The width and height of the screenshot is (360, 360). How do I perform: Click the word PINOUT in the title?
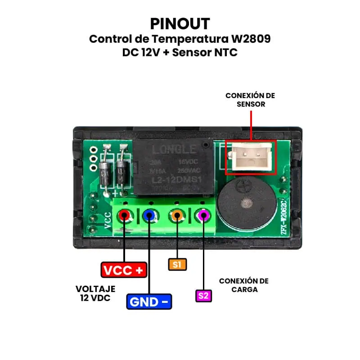point(180,23)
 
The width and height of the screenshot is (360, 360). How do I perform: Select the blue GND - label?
point(149,301)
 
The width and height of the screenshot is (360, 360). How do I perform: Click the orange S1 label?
point(177,264)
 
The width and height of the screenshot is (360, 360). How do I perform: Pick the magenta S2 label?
point(203,296)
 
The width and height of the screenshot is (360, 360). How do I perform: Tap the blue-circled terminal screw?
point(149,216)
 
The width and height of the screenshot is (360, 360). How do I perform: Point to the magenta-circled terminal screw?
point(203,216)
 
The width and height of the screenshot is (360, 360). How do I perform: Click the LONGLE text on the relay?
point(174,149)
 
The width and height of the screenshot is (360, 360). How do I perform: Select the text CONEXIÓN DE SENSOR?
point(250,99)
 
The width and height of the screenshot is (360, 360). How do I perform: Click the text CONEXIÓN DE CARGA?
point(244,285)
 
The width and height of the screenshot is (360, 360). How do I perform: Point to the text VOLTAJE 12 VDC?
point(95,293)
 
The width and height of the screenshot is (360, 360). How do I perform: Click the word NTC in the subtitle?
point(225,52)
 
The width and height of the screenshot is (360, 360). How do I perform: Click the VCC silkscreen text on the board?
point(108,220)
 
